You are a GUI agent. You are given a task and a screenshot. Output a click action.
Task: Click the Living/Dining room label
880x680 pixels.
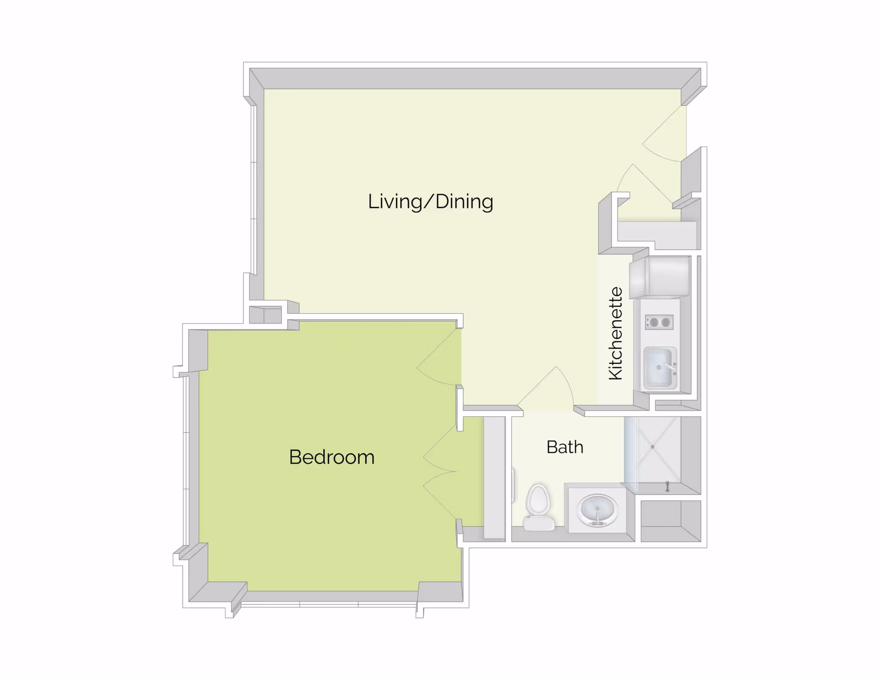click(x=430, y=202)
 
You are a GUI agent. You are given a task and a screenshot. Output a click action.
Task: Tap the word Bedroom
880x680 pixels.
click(x=332, y=457)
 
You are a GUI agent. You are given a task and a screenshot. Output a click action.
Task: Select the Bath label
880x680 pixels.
click(x=565, y=447)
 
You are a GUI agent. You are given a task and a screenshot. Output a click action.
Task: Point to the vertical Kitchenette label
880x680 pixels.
click(x=616, y=333)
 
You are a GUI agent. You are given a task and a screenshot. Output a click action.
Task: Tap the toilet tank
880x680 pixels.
click(x=539, y=522)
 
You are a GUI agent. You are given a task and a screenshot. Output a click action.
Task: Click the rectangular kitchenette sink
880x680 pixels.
click(x=659, y=367)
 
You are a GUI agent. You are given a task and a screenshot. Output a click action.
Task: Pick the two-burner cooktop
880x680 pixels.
click(x=659, y=322)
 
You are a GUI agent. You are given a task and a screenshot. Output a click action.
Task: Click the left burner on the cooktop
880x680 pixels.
click(x=654, y=323)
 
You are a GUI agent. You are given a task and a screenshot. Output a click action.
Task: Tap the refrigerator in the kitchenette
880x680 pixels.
click(x=660, y=277)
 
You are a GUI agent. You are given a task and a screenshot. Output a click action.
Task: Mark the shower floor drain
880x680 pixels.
click(x=653, y=447)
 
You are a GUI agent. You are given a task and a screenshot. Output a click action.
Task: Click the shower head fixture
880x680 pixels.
click(x=667, y=486)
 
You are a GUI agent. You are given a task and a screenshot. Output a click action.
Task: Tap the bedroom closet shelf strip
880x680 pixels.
click(x=495, y=477)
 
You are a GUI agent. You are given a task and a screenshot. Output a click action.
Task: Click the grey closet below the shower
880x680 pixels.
click(x=671, y=521)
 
